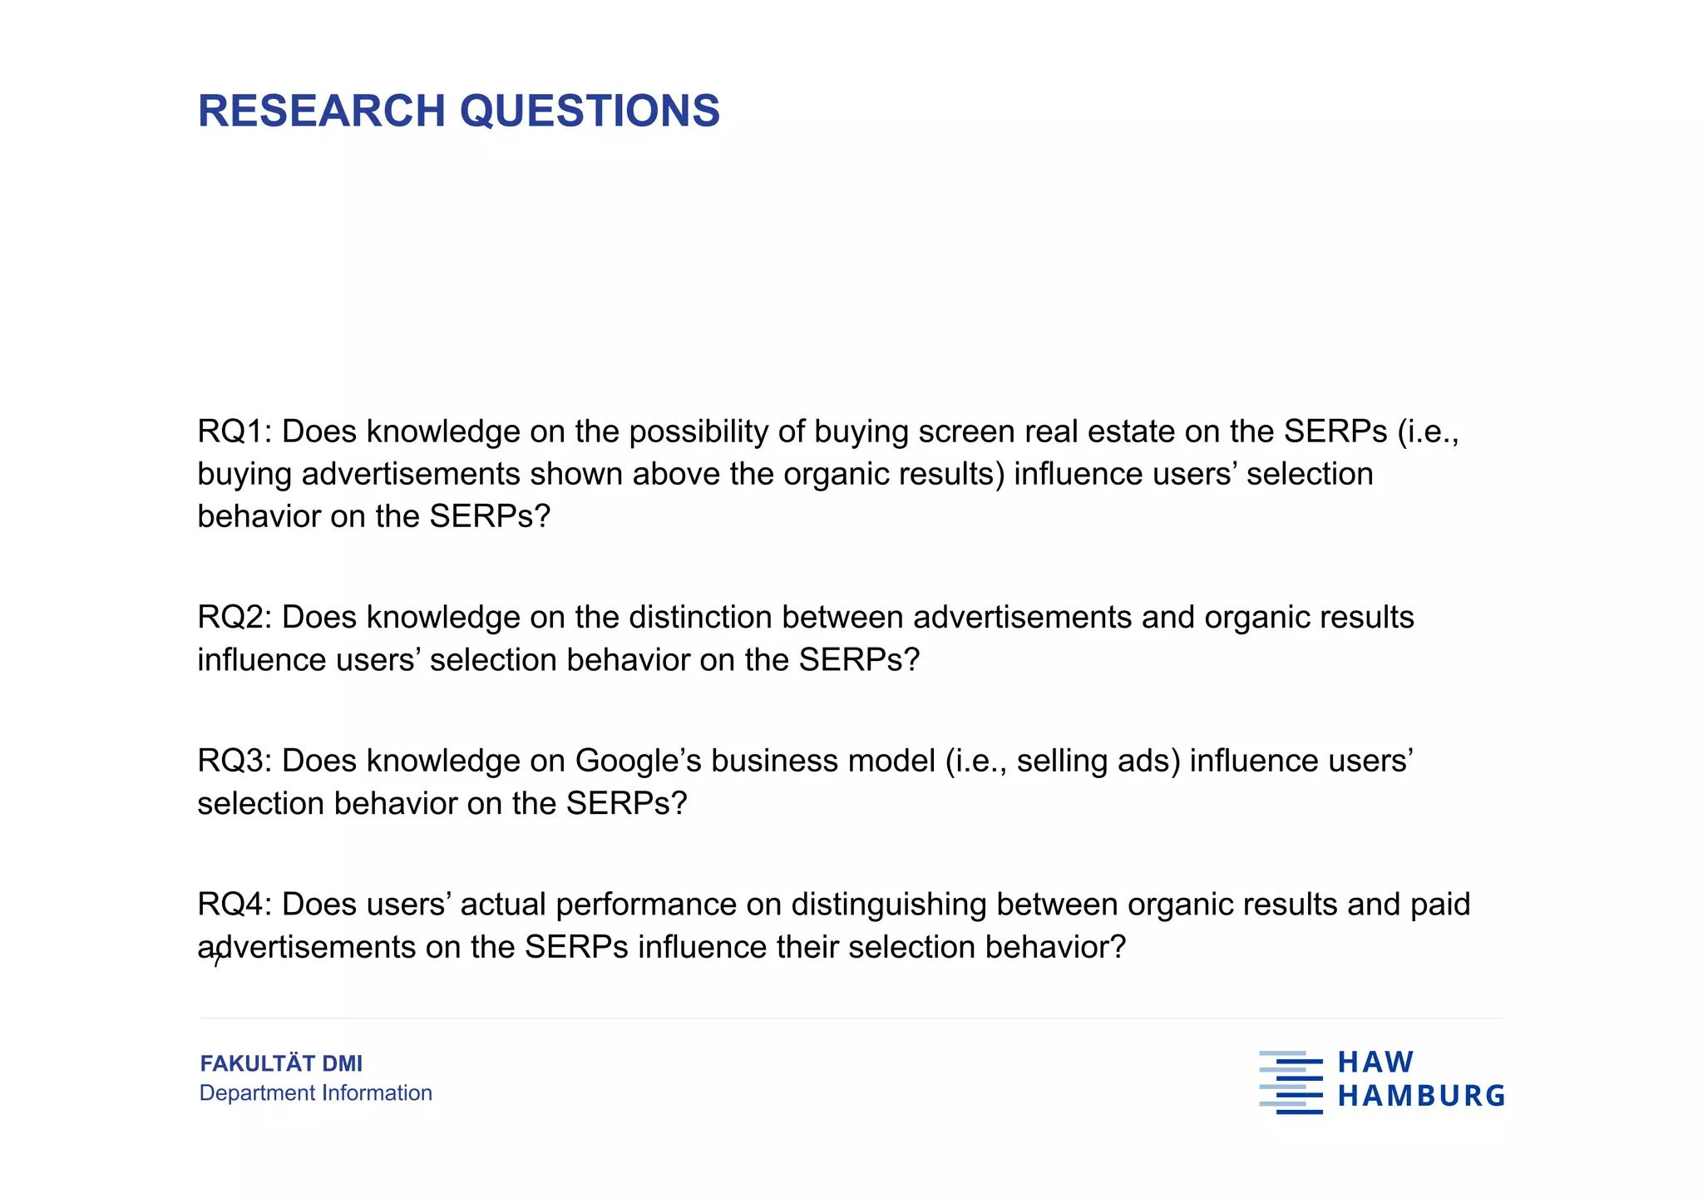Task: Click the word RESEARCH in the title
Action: (322, 111)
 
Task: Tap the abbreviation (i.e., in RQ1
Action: (1428, 431)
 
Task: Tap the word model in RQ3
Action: (891, 761)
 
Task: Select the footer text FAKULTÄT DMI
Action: (281, 1063)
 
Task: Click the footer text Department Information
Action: (315, 1092)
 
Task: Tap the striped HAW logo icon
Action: (1291, 1082)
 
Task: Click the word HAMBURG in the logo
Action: (1421, 1096)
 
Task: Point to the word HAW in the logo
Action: (1375, 1062)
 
